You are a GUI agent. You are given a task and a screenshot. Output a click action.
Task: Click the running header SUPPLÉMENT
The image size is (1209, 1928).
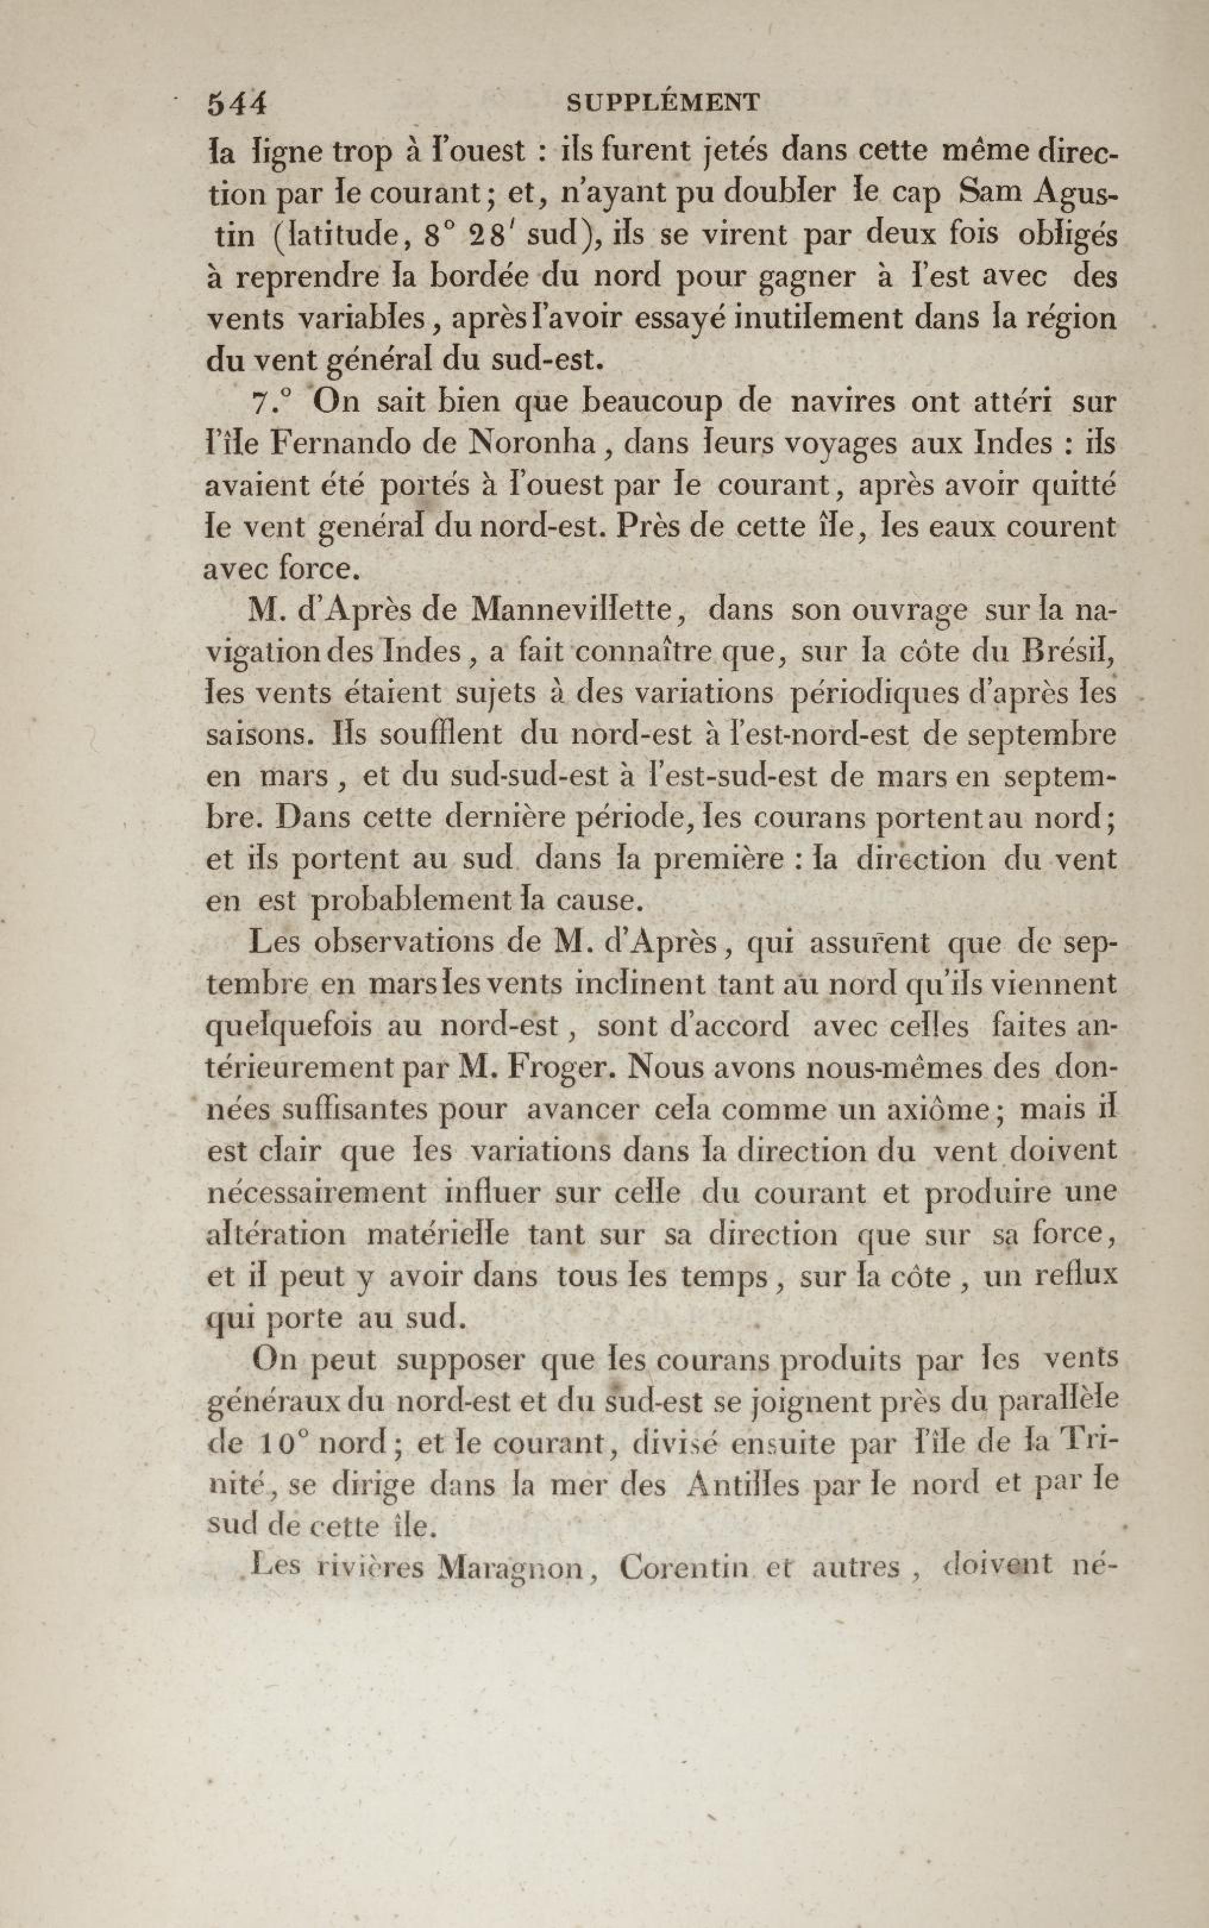click(662, 102)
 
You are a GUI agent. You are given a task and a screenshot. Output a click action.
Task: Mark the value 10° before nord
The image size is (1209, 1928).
click(285, 1444)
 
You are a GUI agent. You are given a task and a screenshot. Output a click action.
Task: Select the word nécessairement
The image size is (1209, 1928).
click(316, 1194)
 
